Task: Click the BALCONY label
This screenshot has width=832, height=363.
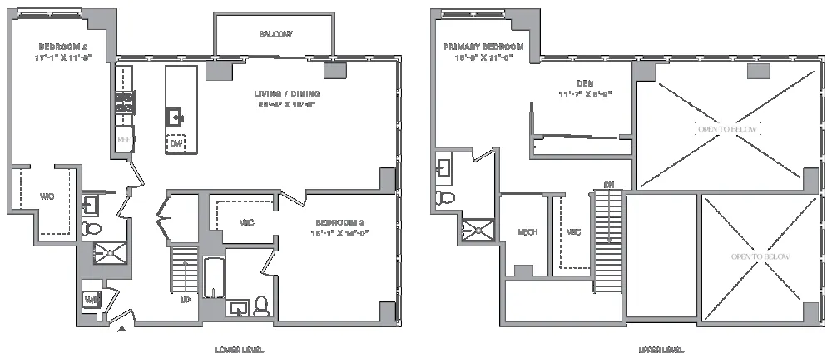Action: pos(275,33)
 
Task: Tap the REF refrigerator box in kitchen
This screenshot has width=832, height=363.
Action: pos(124,140)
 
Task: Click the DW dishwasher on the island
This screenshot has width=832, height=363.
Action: pos(176,143)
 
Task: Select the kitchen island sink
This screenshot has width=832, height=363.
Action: pos(176,116)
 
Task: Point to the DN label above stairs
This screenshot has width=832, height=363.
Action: pos(608,185)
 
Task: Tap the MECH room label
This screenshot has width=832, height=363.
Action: pos(525,231)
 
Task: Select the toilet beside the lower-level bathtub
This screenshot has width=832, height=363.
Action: pos(261,306)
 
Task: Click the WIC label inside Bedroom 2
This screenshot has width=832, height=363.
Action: pos(47,197)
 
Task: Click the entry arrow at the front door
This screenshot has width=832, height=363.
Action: pos(123,331)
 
